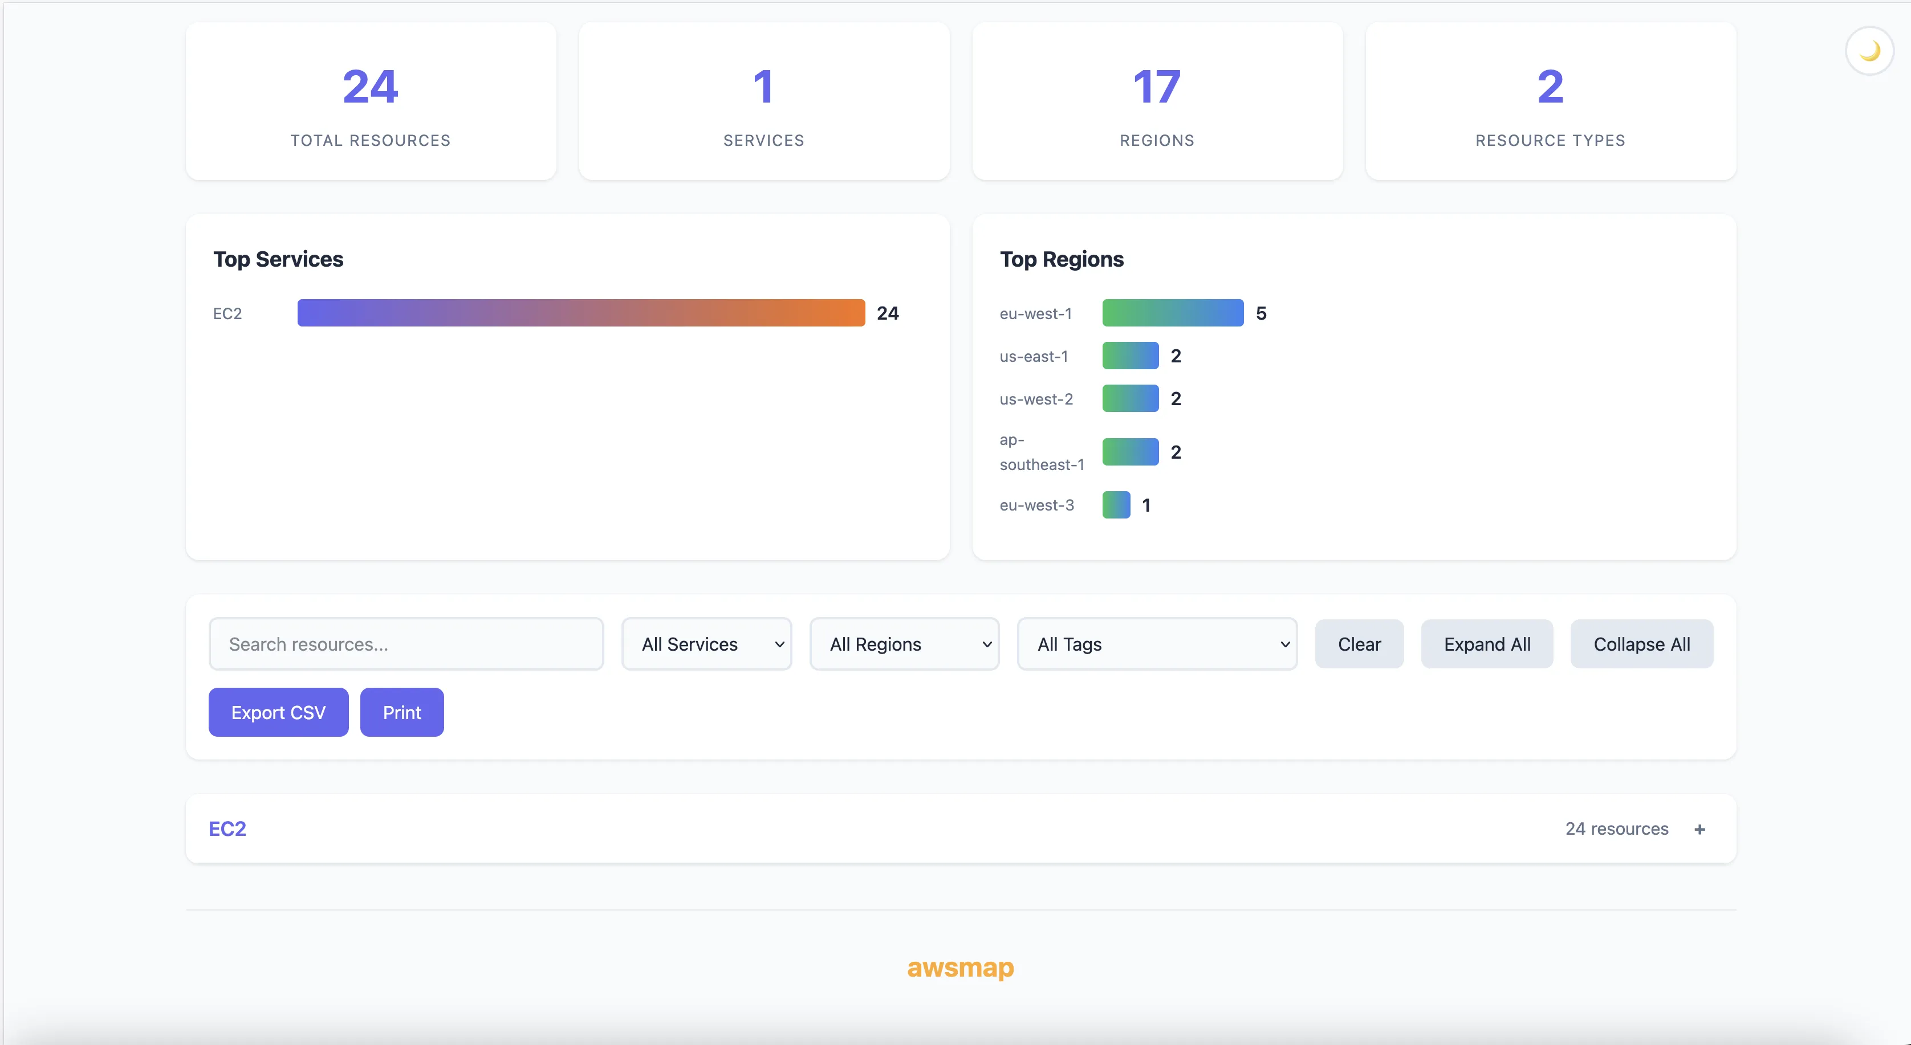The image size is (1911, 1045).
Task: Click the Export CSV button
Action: tap(278, 712)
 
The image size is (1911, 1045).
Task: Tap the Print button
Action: tap(402, 712)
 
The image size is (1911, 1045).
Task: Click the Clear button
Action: tap(1359, 644)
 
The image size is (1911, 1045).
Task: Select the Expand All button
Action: tap(1487, 644)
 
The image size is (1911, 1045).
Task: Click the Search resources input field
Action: tap(406, 644)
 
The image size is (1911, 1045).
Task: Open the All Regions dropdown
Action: tap(904, 644)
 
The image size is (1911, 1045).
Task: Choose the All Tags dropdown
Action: tap(1157, 644)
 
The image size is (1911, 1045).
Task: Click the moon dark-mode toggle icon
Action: tap(1869, 51)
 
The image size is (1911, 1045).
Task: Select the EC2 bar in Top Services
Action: tap(581, 313)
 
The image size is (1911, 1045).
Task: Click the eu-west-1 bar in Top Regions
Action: tap(1172, 313)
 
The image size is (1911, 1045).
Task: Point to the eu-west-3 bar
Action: tap(1116, 505)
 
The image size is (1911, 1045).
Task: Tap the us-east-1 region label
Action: tap(1034, 356)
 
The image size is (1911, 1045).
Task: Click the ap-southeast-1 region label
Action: tap(1042, 452)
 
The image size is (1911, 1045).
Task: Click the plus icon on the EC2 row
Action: tap(1699, 829)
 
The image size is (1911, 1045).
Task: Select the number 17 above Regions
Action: tap(1157, 87)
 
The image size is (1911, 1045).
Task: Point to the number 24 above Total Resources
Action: tap(370, 87)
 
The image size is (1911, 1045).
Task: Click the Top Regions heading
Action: tap(1062, 259)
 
